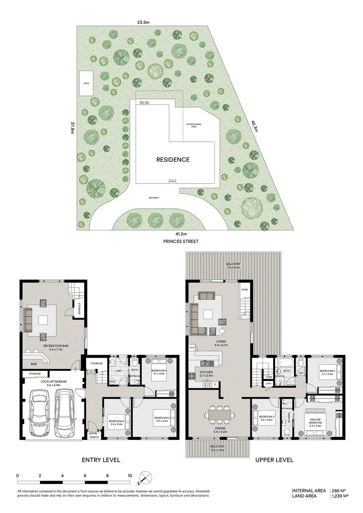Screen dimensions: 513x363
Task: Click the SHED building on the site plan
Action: [86, 83]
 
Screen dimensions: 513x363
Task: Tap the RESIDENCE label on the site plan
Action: [173, 160]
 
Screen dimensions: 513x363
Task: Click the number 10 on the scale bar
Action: [130, 475]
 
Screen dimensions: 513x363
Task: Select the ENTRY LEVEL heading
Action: [101, 459]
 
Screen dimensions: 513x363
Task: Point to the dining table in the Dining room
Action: [220, 415]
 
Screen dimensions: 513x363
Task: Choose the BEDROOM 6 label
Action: [116, 422]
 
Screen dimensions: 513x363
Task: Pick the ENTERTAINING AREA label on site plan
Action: [193, 125]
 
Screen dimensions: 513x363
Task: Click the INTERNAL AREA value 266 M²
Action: [339, 490]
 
